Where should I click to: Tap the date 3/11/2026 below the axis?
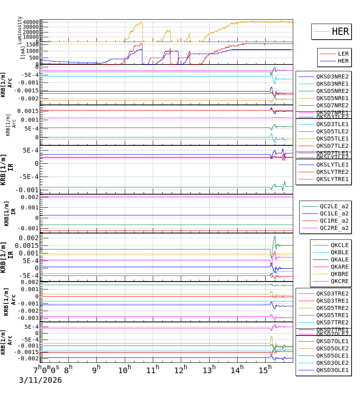pyautogui.click(x=40, y=380)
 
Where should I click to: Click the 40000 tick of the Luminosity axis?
pyautogui.click(x=31, y=22)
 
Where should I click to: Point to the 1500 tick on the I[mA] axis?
pyautogui.click(x=32, y=45)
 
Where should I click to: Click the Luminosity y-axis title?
pyautogui.click(x=20, y=30)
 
